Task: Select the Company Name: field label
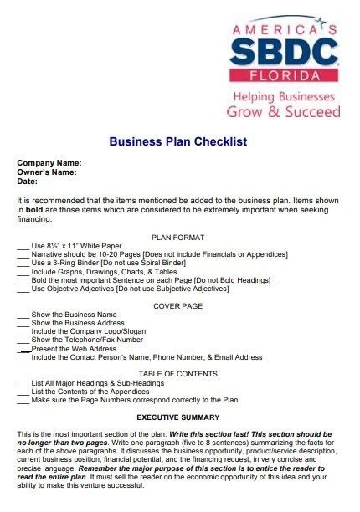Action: (x=49, y=162)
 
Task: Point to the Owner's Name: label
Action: (x=47, y=172)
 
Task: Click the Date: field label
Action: (x=28, y=181)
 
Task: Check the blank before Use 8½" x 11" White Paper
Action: (x=23, y=248)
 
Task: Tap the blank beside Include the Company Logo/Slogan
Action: (x=23, y=332)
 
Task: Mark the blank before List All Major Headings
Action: (x=23, y=384)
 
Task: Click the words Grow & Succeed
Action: (x=283, y=111)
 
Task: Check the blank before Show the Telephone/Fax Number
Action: (x=23, y=340)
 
